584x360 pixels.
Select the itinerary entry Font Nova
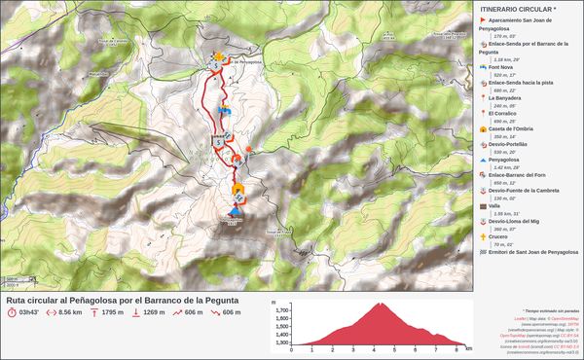click(x=502, y=68)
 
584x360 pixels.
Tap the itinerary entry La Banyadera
click(x=506, y=98)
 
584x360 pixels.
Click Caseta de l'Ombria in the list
click(x=511, y=128)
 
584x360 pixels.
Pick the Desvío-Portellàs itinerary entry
click(x=509, y=143)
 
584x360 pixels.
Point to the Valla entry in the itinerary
click(x=495, y=205)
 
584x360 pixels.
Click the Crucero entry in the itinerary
click(x=500, y=235)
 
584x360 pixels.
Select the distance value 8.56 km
click(x=69, y=313)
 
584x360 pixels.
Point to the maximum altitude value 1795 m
click(x=112, y=313)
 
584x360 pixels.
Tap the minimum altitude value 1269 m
click(x=154, y=313)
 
